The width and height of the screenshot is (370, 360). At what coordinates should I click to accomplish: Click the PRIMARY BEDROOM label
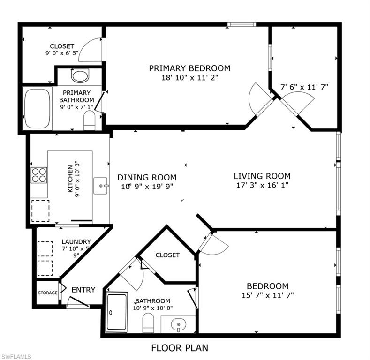189,68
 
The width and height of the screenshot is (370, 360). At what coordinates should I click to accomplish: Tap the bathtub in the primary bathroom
37,108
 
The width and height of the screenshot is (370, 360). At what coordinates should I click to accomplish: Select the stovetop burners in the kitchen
39,175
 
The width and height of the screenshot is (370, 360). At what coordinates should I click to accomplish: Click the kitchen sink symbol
101,186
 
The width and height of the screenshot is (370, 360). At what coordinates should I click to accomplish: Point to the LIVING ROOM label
262,176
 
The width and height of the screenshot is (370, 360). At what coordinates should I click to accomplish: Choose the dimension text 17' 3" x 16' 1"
262,185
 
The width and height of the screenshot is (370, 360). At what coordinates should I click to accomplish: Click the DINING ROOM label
147,177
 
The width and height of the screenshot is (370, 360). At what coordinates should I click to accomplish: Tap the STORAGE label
47,293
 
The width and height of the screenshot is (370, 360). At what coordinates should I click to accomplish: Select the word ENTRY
83,290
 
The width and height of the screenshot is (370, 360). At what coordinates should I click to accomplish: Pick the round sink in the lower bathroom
179,324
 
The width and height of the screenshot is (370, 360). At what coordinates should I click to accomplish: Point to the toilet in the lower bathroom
148,323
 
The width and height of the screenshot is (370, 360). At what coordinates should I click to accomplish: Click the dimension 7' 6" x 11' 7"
304,87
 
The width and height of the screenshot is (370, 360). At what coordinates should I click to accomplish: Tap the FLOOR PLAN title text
180,348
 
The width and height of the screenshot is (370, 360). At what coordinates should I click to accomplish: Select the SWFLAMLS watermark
16,357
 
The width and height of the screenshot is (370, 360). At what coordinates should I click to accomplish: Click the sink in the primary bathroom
80,75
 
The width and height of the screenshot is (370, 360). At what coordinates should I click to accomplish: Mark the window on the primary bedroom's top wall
242,24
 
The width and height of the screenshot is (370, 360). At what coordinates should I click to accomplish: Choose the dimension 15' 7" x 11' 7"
267,295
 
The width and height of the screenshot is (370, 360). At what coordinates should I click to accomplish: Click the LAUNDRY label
76,242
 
